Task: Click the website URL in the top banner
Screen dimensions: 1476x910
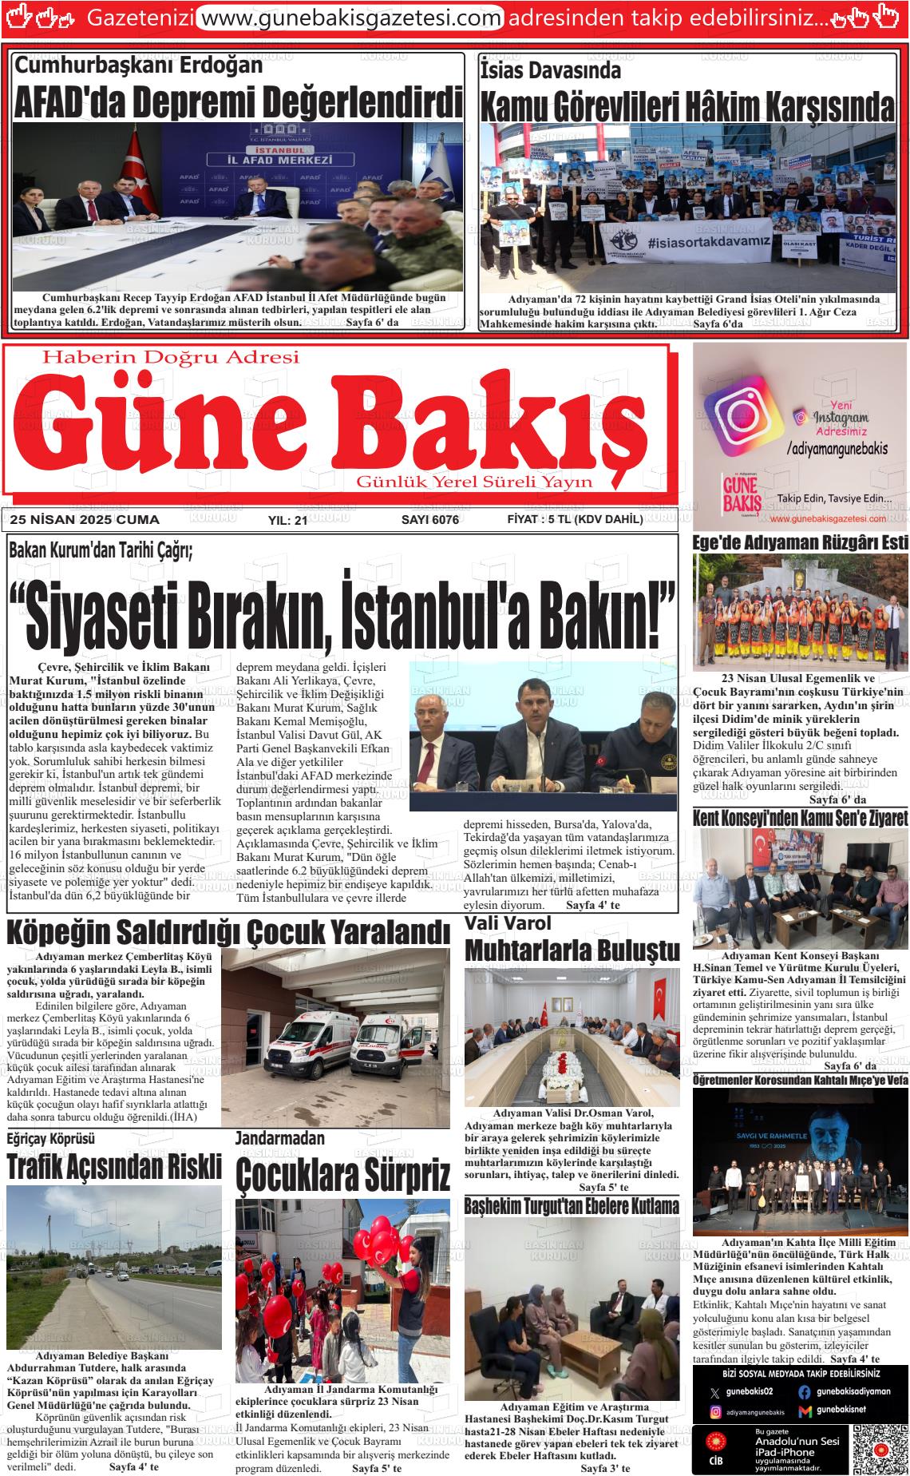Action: coord(350,18)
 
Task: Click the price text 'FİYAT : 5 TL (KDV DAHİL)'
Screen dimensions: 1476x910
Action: coord(575,519)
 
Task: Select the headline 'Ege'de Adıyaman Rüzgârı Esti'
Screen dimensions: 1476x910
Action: coord(801,543)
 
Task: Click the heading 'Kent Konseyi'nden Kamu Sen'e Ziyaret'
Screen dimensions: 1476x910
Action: coord(801,819)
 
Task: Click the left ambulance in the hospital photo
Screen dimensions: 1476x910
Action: coord(307,1042)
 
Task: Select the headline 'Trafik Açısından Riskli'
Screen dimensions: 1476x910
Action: coord(113,1167)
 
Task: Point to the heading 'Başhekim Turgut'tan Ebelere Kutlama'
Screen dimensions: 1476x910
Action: coord(572,1205)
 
